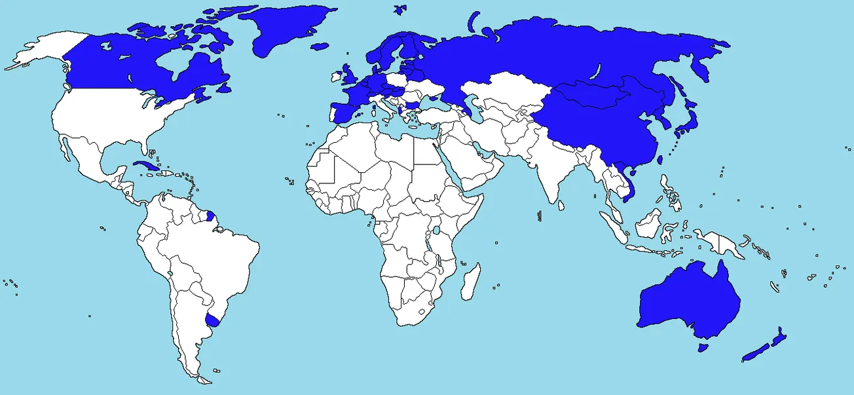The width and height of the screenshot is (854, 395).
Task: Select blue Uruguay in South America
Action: pos(213,320)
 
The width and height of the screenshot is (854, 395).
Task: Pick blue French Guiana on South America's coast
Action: pos(210,215)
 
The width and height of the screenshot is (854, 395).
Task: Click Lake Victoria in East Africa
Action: pos(436,231)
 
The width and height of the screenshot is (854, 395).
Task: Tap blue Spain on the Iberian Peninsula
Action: pos(341,111)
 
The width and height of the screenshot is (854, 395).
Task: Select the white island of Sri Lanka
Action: pos(562,205)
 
